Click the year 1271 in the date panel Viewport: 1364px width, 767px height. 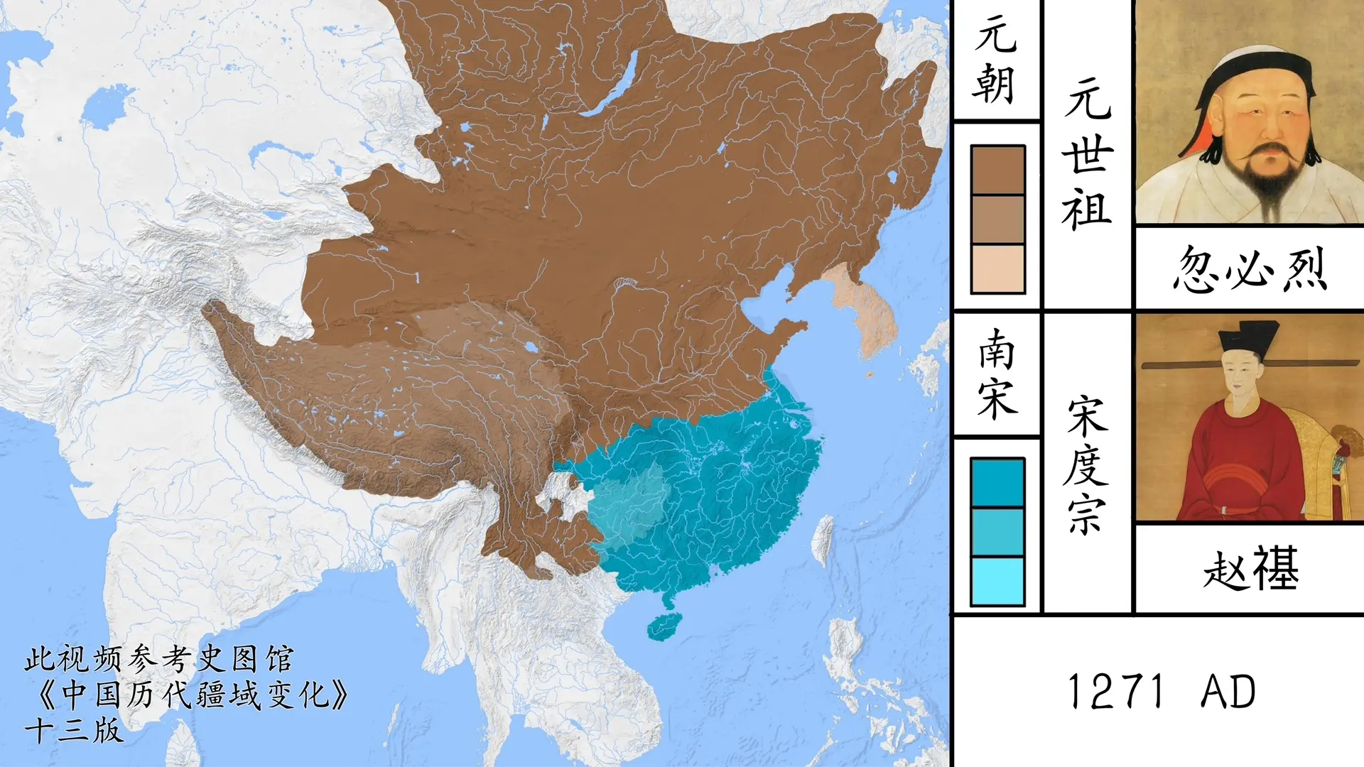tap(1115, 692)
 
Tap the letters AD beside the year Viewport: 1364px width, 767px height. tap(1228, 692)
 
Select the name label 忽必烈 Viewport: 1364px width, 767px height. tap(1250, 269)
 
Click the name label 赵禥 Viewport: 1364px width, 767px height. tap(1251, 569)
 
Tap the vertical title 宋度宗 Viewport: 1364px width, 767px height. tap(1087, 465)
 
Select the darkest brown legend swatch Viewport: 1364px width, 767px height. tap(997, 170)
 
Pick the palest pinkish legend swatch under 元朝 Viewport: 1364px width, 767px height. tap(997, 269)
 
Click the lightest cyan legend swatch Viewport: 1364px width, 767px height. tap(997, 581)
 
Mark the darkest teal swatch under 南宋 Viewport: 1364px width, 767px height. tap(997, 482)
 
